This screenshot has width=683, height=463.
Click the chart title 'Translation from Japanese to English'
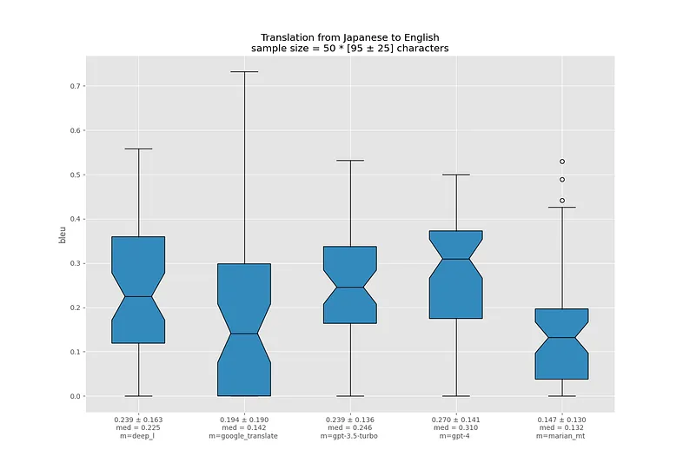coord(349,37)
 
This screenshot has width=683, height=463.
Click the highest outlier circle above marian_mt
coord(562,162)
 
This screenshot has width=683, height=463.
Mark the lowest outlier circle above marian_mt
coord(562,201)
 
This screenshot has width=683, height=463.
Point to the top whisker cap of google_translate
coord(244,71)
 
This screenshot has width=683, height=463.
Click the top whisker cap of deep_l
coord(138,149)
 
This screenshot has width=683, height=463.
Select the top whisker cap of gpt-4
coord(456,175)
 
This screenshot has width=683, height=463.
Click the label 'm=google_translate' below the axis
coord(244,435)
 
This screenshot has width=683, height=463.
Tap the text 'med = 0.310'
coord(456,427)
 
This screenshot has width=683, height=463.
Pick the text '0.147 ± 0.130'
coord(561,420)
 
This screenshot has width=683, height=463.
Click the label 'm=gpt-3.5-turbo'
coord(350,435)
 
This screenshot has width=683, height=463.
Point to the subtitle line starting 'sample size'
coord(349,49)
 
